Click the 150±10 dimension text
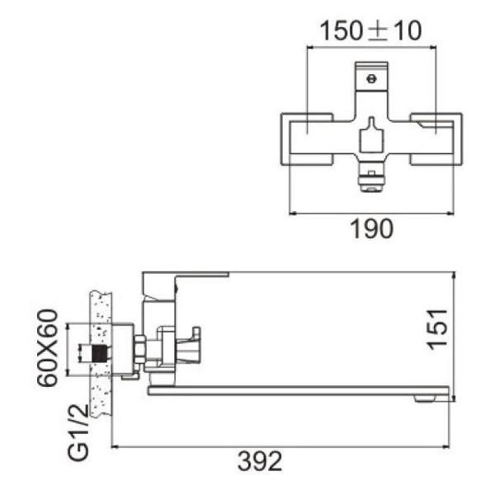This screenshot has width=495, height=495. [x=370, y=31]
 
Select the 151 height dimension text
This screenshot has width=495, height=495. [x=439, y=328]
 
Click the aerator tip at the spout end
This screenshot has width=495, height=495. [x=424, y=399]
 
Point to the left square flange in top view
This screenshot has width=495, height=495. [x=307, y=137]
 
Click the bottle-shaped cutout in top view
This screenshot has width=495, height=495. [x=371, y=135]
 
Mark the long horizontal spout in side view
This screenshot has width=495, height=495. [x=297, y=390]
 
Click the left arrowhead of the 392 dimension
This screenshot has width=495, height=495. [x=115, y=447]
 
